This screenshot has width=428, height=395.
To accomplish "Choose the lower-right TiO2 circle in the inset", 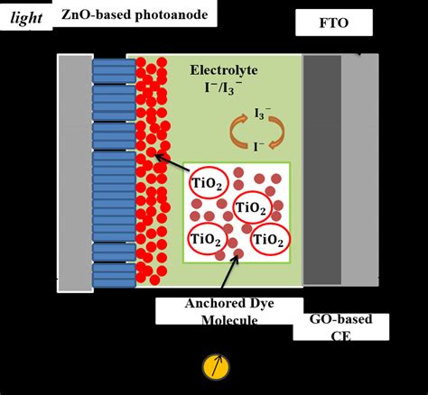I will [269, 240].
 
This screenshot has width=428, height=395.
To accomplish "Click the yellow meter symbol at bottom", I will [214, 366].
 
